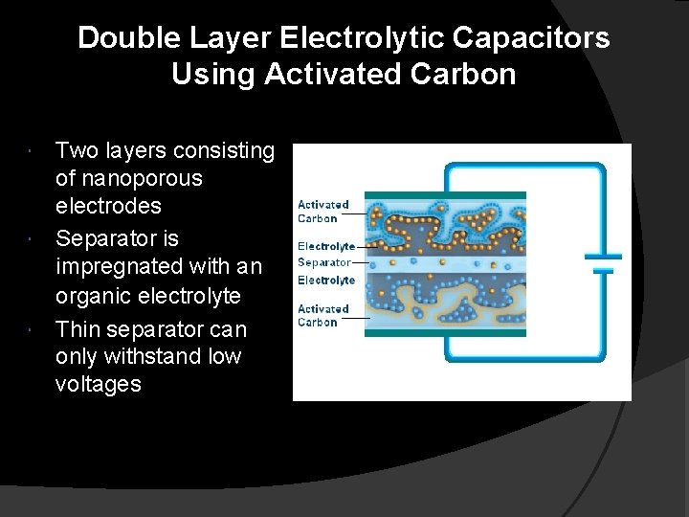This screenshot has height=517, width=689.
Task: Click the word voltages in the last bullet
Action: coord(99,384)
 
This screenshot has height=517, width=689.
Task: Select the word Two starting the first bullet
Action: coord(76,150)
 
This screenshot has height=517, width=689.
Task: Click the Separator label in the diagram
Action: coord(323,261)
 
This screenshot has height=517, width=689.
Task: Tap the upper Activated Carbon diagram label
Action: coord(322,210)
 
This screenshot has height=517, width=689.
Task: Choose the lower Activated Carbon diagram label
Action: coord(322,315)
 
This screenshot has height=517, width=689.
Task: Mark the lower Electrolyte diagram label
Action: coord(325,280)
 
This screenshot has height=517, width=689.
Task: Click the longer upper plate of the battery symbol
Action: coord(602,257)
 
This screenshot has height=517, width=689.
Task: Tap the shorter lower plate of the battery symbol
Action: coord(602,271)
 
